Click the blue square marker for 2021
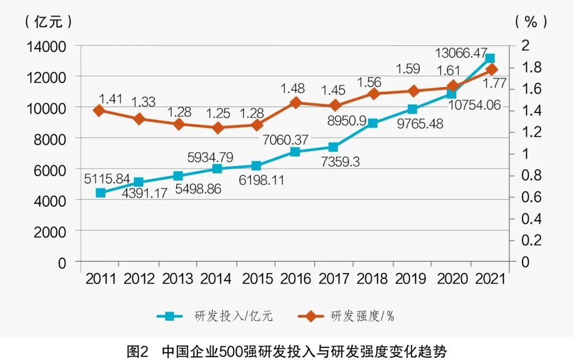pyautogui.click(x=490, y=59)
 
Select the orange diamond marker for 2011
pyautogui.click(x=99, y=110)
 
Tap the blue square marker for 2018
pyautogui.click(x=372, y=124)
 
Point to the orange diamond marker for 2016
pyautogui.click(x=295, y=103)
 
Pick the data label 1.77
pyautogui.click(x=492, y=83)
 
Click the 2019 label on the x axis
pyautogui.click(x=412, y=279)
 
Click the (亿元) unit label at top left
pyautogui.click(x=48, y=22)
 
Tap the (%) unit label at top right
pyautogui.click(x=530, y=22)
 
